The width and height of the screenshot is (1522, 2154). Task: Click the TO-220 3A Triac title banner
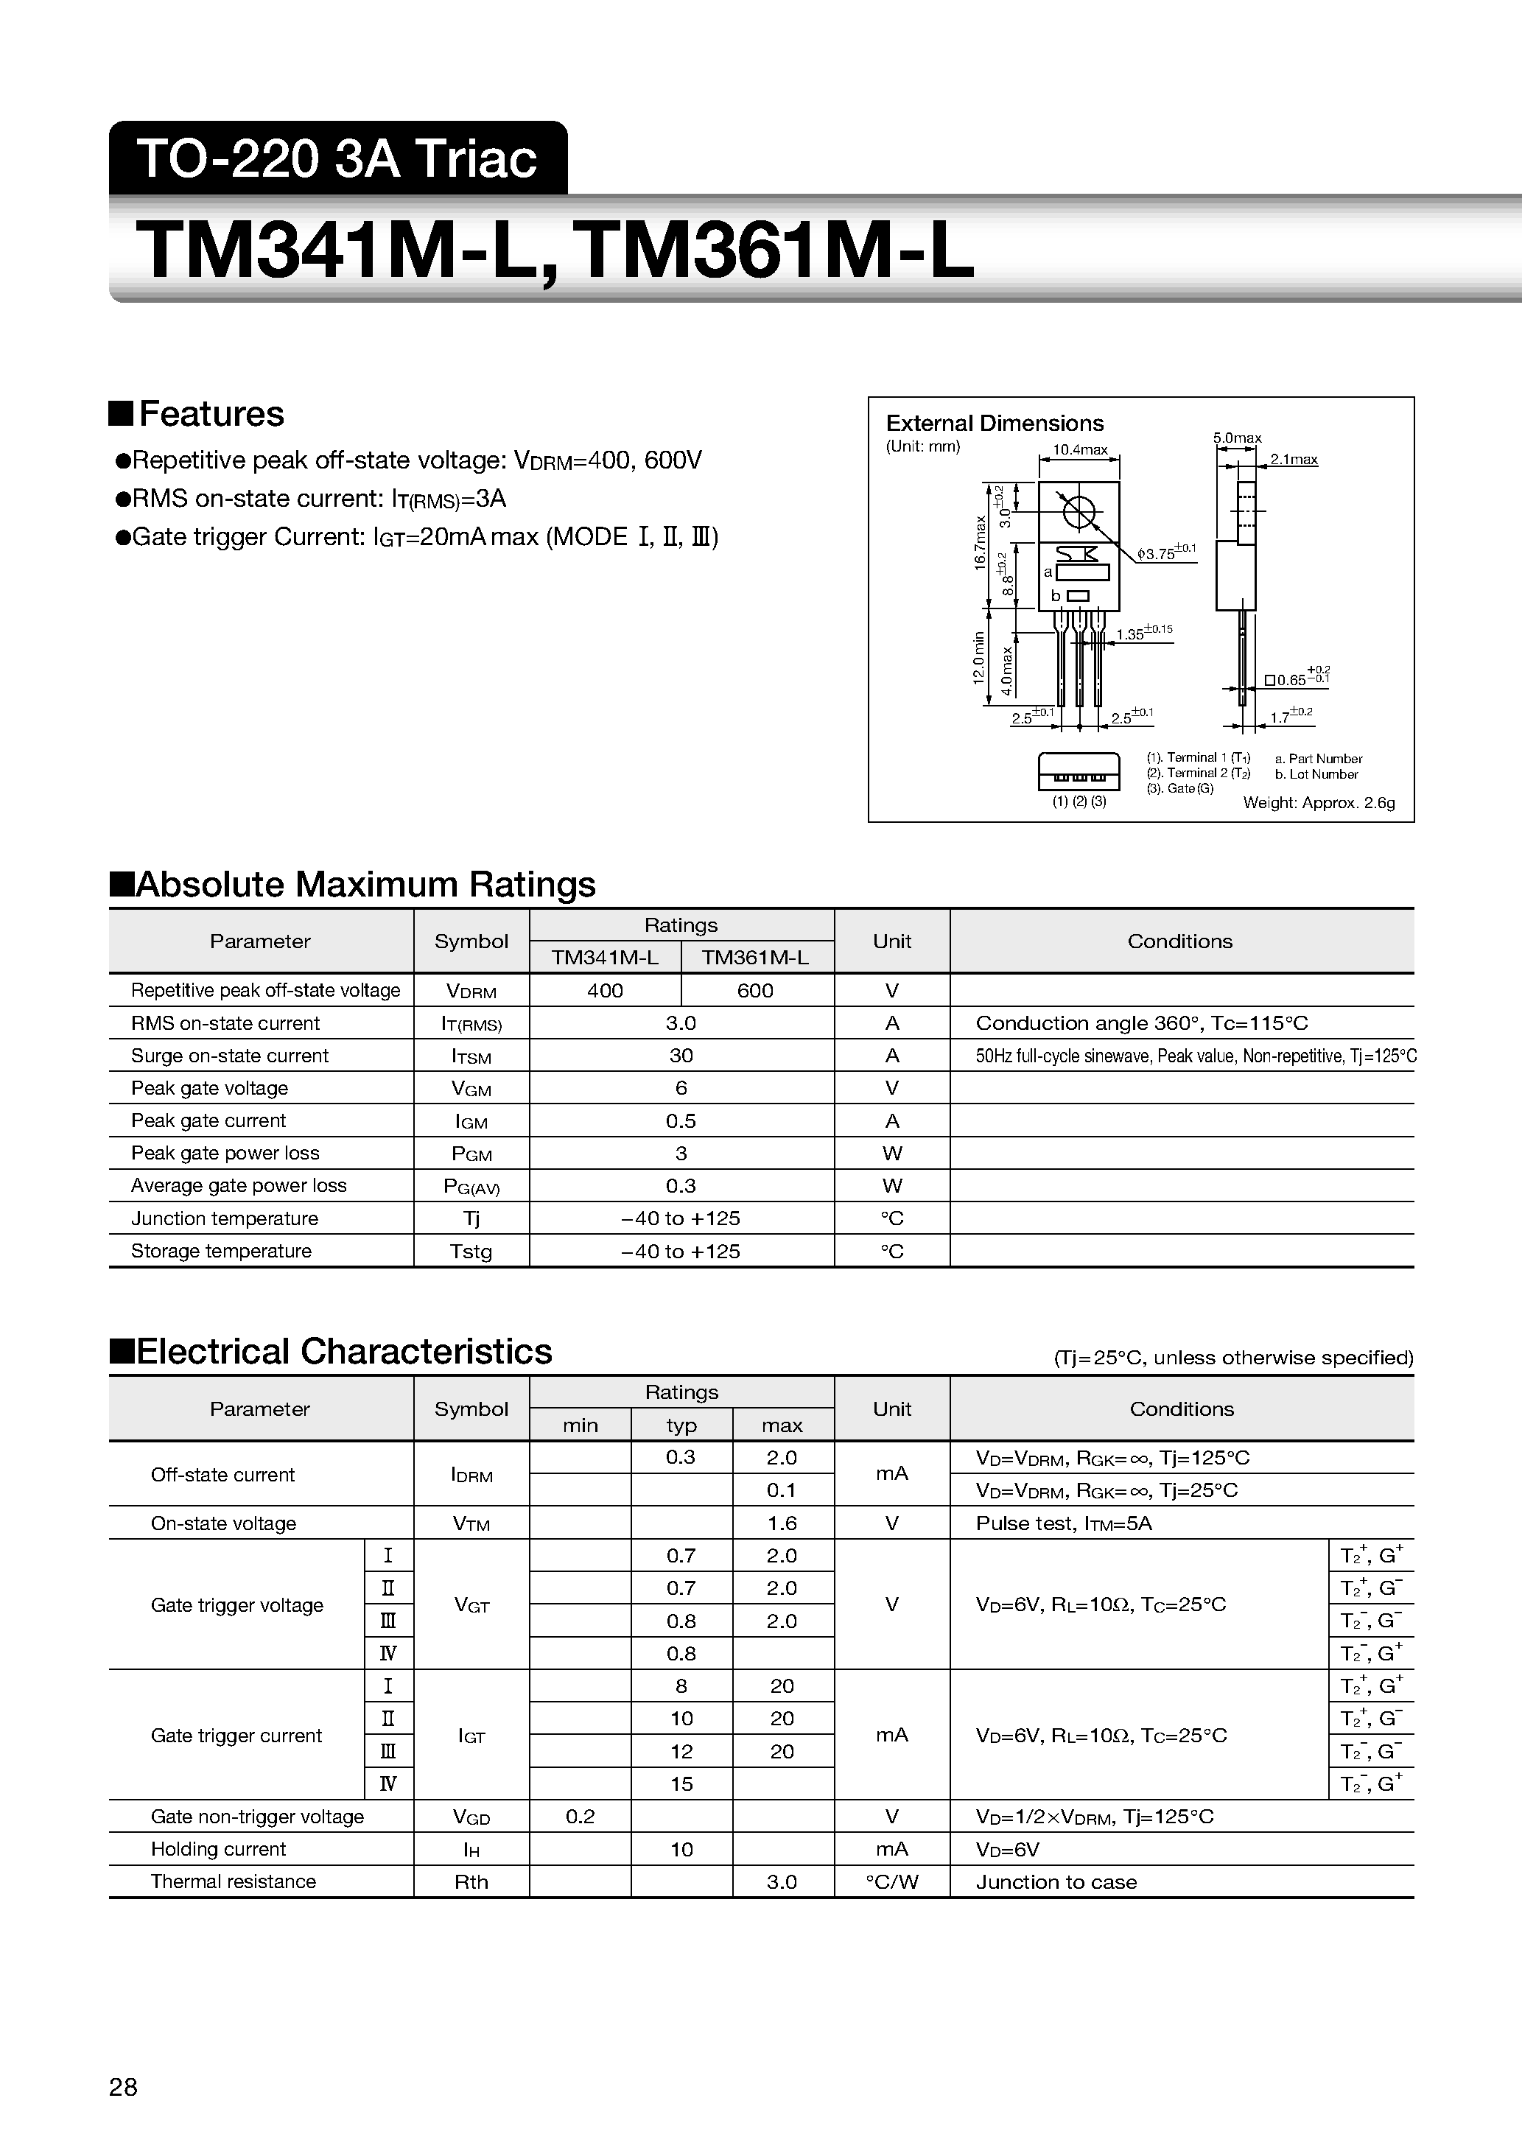pyautogui.click(x=338, y=158)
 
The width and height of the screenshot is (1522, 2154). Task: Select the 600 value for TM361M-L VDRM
pyautogui.click(x=755, y=991)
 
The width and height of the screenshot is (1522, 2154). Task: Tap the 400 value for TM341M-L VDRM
pyautogui.click(x=606, y=991)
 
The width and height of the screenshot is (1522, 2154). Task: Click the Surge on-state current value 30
pyautogui.click(x=681, y=1056)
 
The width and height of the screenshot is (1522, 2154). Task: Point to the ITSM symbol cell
pyautogui.click(x=471, y=1056)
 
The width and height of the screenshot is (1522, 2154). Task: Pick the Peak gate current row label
pyautogui.click(x=208, y=1120)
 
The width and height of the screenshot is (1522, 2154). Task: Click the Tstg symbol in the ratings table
pyautogui.click(x=471, y=1252)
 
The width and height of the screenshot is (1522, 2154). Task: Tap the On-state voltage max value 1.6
pyautogui.click(x=782, y=1523)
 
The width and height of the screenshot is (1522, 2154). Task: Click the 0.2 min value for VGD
pyautogui.click(x=580, y=1817)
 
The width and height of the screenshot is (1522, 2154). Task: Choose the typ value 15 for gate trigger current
pyautogui.click(x=681, y=1783)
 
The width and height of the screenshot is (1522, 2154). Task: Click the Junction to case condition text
pyautogui.click(x=1056, y=1882)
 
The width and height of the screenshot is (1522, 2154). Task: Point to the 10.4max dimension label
pyautogui.click(x=1080, y=449)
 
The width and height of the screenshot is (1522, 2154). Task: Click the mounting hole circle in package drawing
pyautogui.click(x=1079, y=511)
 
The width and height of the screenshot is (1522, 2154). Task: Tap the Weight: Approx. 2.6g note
pyautogui.click(x=1319, y=803)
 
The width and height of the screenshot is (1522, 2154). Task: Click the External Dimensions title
pyautogui.click(x=995, y=423)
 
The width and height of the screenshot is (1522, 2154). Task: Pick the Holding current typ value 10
pyautogui.click(x=681, y=1849)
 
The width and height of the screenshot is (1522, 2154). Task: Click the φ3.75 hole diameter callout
pyautogui.click(x=1163, y=553)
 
